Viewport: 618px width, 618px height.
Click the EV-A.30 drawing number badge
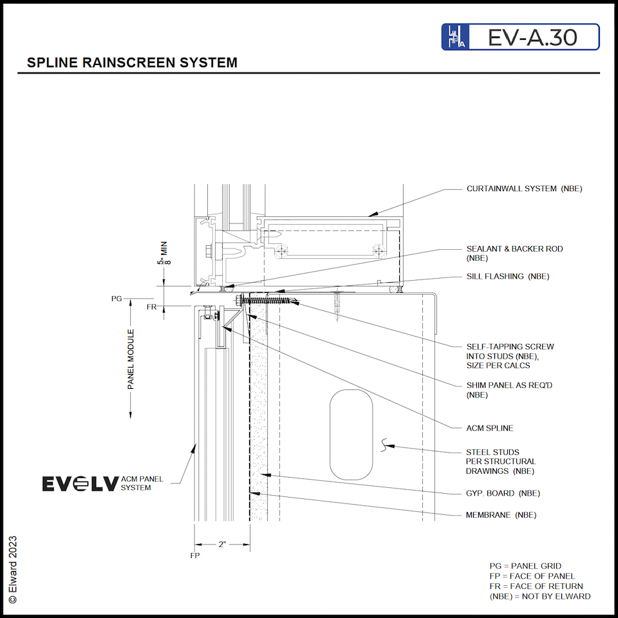click(x=520, y=37)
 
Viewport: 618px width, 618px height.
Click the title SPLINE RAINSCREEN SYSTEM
click(x=132, y=63)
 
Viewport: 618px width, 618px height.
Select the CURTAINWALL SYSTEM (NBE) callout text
click(x=524, y=189)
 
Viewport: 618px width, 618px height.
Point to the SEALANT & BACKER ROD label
click(x=509, y=248)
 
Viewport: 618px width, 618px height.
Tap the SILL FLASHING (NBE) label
click(x=508, y=276)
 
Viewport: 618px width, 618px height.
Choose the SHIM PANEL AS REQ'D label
click(x=509, y=385)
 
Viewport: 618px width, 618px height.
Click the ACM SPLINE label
click(x=489, y=428)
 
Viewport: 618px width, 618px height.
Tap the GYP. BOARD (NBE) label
click(x=503, y=493)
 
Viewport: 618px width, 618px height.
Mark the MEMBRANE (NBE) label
click(x=501, y=515)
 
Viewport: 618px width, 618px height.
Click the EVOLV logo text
click(x=80, y=483)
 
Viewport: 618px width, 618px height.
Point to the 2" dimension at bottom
click(x=222, y=544)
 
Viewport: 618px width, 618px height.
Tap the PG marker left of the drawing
click(x=117, y=299)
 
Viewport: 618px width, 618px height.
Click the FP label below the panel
click(x=194, y=556)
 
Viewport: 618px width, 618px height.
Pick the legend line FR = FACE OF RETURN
click(x=536, y=586)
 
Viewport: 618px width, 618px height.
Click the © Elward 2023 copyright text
click(x=12, y=569)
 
